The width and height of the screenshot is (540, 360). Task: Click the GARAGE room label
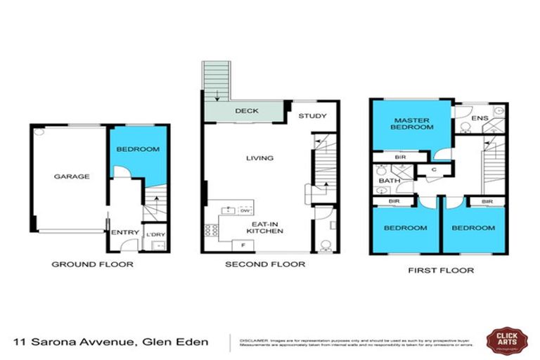tap(72, 176)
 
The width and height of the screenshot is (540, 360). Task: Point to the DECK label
tap(244, 111)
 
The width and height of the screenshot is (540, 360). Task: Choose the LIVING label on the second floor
tap(259, 158)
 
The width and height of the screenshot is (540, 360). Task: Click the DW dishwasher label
tap(245, 210)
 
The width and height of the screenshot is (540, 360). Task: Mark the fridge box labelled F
tap(243, 244)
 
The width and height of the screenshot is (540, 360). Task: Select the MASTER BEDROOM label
tap(411, 124)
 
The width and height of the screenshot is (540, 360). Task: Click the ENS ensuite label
tap(480, 118)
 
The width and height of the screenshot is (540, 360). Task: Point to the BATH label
tap(388, 181)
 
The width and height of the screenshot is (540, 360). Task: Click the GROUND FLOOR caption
tap(92, 265)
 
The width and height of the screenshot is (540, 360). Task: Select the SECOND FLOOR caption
tap(264, 265)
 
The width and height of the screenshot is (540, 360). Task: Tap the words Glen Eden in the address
tap(176, 342)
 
